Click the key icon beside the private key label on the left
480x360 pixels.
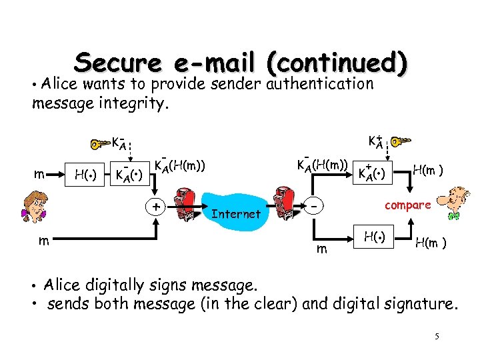point(99,144)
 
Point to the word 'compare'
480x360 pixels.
point(407,205)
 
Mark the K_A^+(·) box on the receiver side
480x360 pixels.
point(373,174)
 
